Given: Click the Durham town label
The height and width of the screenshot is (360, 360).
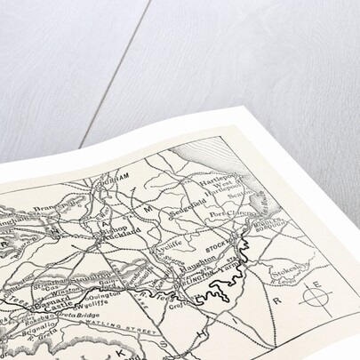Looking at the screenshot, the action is (116, 178).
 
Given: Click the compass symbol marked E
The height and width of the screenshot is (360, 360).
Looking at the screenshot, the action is (314, 294).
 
